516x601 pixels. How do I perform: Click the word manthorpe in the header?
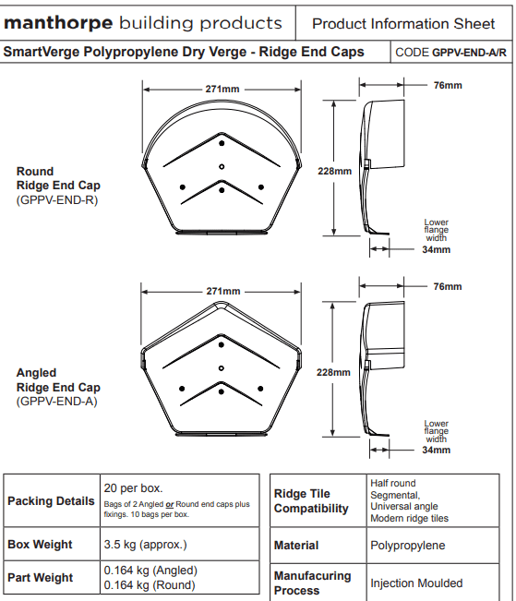tap(58, 23)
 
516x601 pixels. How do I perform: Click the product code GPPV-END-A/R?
tap(469, 53)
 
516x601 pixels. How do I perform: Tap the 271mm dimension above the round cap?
tap(222, 89)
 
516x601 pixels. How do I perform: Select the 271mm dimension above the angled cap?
tap(223, 292)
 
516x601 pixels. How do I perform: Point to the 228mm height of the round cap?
tap(334, 171)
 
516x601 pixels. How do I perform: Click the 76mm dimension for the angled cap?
tap(448, 287)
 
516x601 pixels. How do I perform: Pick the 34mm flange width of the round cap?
tap(437, 250)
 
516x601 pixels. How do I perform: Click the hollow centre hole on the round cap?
tap(222, 167)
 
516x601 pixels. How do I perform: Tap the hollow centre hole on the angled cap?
tap(222, 368)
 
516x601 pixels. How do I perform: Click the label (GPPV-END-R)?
tap(57, 200)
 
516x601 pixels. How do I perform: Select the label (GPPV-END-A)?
tap(56, 402)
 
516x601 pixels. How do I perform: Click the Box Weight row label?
tap(40, 545)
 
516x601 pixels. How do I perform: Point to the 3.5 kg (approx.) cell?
tap(145, 545)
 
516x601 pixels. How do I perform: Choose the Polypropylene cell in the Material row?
tap(407, 546)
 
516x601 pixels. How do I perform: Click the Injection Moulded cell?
tap(416, 583)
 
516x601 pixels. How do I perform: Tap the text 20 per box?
tap(133, 488)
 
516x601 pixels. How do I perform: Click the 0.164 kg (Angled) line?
tap(150, 571)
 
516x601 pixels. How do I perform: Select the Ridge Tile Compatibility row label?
tap(311, 501)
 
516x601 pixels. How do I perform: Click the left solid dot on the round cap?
tap(183, 187)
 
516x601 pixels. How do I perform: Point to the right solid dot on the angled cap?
tap(260, 389)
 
